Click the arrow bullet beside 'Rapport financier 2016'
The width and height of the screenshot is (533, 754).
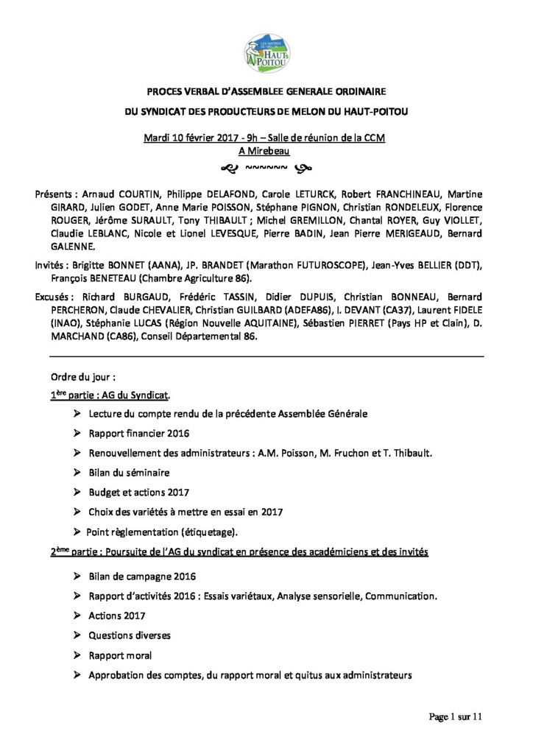coord(77,433)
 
